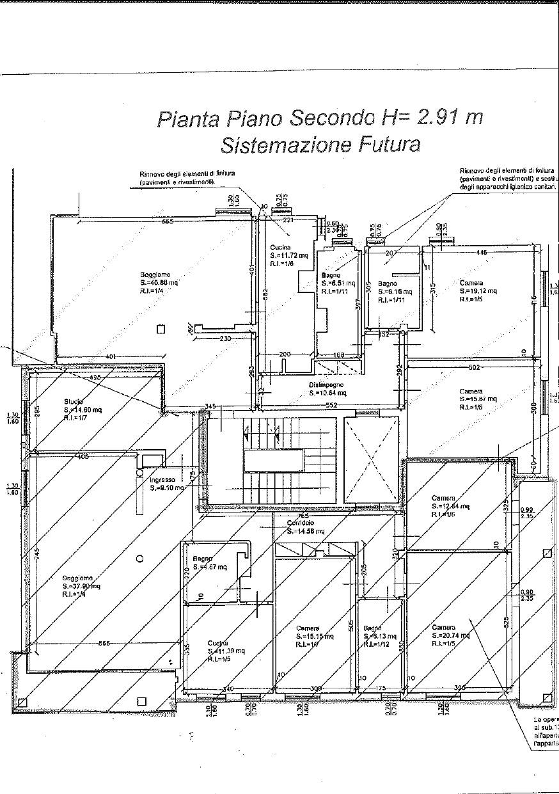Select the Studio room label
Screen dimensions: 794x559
(x=74, y=401)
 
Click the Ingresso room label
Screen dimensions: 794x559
(x=163, y=480)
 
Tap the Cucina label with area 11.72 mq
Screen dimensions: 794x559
(x=280, y=247)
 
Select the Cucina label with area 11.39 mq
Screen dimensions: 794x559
(x=218, y=643)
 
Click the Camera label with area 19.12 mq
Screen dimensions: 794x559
(x=471, y=282)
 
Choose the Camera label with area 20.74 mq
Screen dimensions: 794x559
(x=444, y=627)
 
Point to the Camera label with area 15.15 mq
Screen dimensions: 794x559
(x=308, y=628)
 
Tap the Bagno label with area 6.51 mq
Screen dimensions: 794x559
(x=331, y=276)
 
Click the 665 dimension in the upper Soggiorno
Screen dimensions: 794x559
(x=168, y=222)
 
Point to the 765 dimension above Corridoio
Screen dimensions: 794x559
(x=303, y=515)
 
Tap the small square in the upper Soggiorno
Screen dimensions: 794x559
(x=161, y=329)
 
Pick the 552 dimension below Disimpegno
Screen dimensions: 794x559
(x=331, y=406)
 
